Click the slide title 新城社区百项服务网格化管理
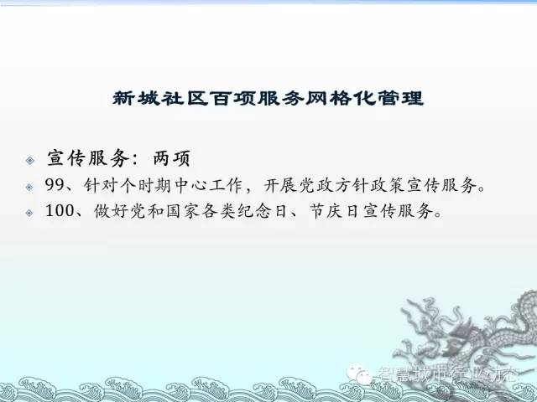(x=268, y=99)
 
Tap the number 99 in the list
(x=55, y=185)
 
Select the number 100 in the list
(x=60, y=211)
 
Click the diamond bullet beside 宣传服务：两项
(x=30, y=160)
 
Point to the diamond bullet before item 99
(x=29, y=187)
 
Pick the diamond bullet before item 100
(x=29, y=213)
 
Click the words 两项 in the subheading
(x=171, y=158)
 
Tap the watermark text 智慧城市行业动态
(x=447, y=374)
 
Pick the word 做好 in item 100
(x=111, y=211)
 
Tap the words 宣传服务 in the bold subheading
(x=88, y=158)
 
